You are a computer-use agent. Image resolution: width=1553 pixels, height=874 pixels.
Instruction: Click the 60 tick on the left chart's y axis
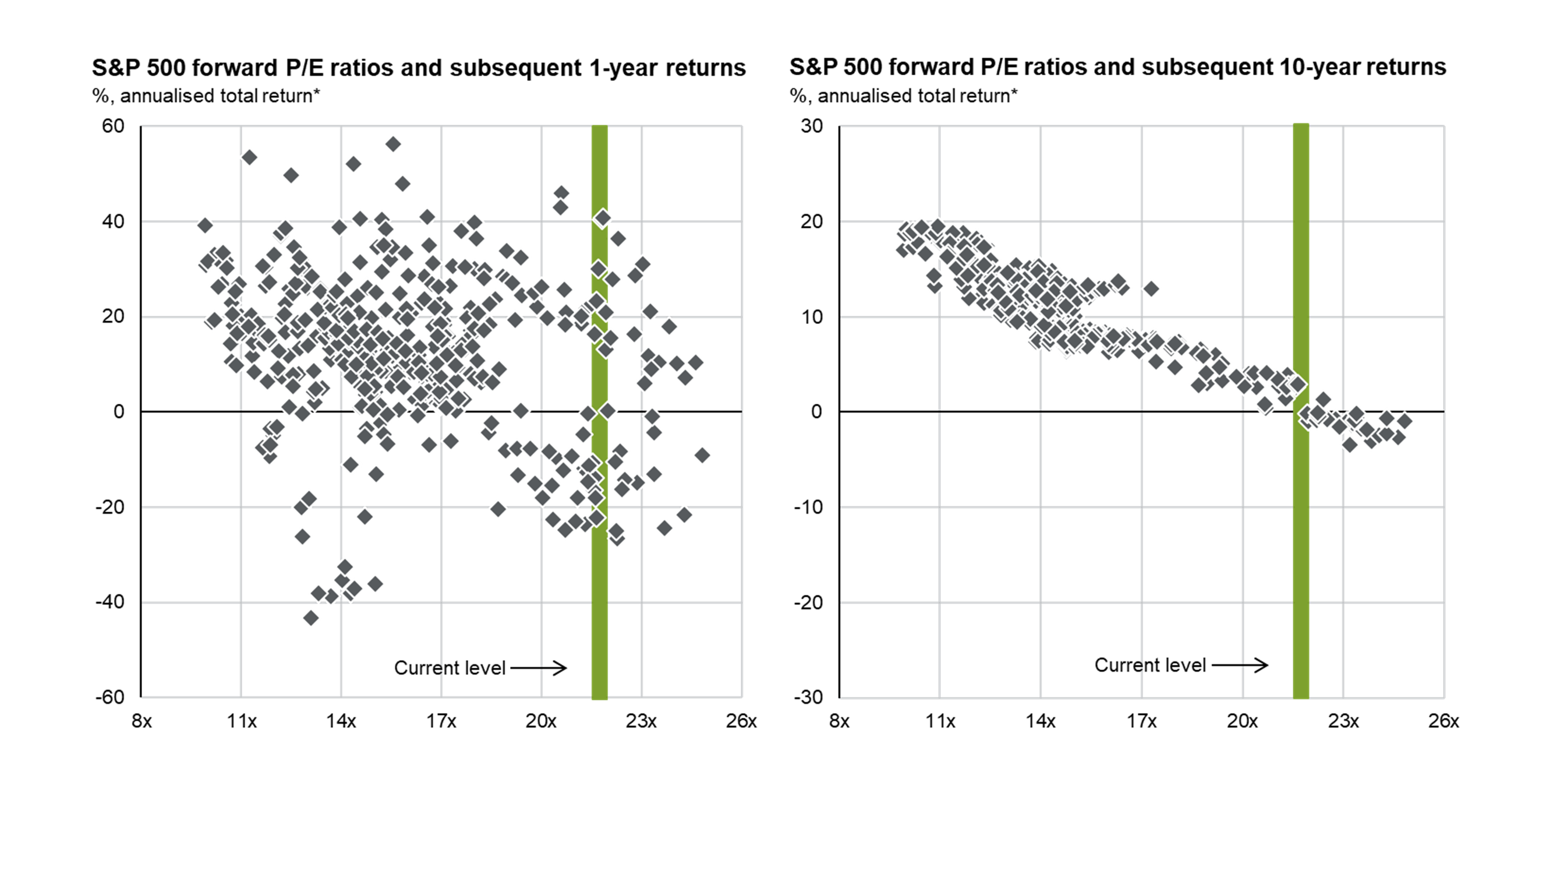point(113,126)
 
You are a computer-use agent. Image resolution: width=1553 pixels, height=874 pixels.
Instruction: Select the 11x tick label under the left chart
point(241,721)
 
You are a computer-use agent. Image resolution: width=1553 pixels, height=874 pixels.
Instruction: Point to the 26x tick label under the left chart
point(741,721)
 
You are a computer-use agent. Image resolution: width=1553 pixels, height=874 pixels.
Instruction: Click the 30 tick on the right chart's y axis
point(812,126)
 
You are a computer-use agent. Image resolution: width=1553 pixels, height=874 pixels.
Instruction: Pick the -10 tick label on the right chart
point(807,507)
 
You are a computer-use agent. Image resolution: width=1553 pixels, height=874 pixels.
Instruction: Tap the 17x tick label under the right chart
point(1141,721)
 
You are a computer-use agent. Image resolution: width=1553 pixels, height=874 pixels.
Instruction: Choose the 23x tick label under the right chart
point(1343,721)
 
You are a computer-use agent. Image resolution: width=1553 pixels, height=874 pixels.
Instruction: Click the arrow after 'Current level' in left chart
point(539,668)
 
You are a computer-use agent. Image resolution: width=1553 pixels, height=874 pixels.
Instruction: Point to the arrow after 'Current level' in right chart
point(1240,665)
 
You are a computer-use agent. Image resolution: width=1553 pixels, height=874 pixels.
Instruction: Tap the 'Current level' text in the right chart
point(1149,665)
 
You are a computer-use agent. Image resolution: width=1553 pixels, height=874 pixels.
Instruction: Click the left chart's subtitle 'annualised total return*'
point(220,96)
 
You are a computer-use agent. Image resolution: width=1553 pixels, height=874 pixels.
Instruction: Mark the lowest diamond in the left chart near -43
point(310,618)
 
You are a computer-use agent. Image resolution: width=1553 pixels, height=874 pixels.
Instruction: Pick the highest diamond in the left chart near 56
point(393,144)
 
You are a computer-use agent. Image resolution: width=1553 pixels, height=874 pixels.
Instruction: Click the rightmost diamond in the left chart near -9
point(702,456)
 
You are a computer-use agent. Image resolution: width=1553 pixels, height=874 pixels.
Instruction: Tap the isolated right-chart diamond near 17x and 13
point(1151,289)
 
